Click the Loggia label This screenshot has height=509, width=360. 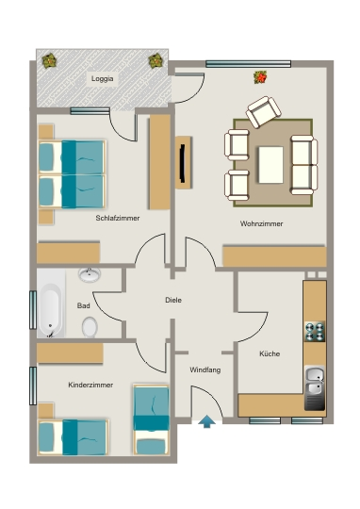pyautogui.click(x=103, y=79)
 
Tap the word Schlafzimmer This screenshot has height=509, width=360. pyautogui.click(x=118, y=218)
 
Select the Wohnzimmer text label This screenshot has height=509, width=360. pyautogui.click(x=261, y=223)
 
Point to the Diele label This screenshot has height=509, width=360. pyautogui.click(x=173, y=300)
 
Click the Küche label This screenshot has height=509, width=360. pyautogui.click(x=270, y=353)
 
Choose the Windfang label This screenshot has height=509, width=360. pyautogui.click(x=205, y=369)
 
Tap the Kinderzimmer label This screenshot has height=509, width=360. pyautogui.click(x=90, y=385)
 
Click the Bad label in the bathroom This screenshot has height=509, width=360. pyautogui.click(x=84, y=305)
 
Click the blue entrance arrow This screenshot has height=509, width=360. pyautogui.click(x=206, y=421)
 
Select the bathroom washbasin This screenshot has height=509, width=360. pyautogui.click(x=90, y=274)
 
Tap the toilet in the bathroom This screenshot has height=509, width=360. pyautogui.click(x=90, y=327)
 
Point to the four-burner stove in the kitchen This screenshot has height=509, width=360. pyautogui.click(x=315, y=332)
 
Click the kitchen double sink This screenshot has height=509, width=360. pyautogui.click(x=315, y=387)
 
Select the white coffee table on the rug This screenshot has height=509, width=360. pyautogui.click(x=270, y=165)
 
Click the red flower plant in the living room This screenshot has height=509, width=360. pyautogui.click(x=260, y=77)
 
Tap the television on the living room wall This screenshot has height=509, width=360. pyautogui.click(x=183, y=163)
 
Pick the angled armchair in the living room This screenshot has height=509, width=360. pyautogui.click(x=263, y=111)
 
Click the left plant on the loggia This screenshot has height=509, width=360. pyautogui.click(x=49, y=60)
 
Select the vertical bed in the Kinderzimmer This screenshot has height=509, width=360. pyautogui.click(x=151, y=420)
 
